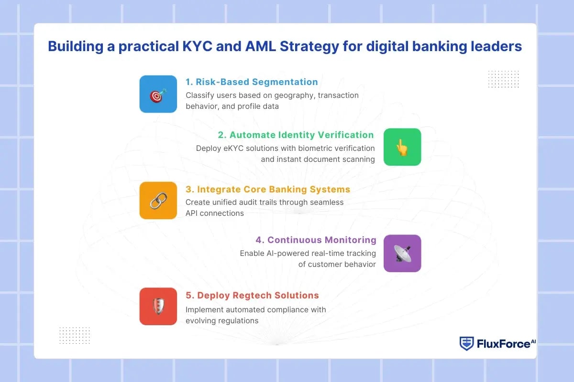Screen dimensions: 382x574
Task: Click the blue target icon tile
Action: (158, 94)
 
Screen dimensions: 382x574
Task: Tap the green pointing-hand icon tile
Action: (402, 147)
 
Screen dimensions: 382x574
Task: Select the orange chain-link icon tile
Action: (158, 201)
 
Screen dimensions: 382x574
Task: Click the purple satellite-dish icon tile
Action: (402, 254)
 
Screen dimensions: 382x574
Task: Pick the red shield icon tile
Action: (158, 307)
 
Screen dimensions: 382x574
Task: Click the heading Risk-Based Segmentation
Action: (252, 82)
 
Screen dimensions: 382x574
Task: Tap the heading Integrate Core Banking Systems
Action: (268, 189)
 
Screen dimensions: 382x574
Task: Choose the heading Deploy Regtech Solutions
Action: (252, 295)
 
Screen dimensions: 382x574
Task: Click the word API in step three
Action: (192, 213)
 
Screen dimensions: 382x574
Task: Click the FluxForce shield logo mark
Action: (466, 343)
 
